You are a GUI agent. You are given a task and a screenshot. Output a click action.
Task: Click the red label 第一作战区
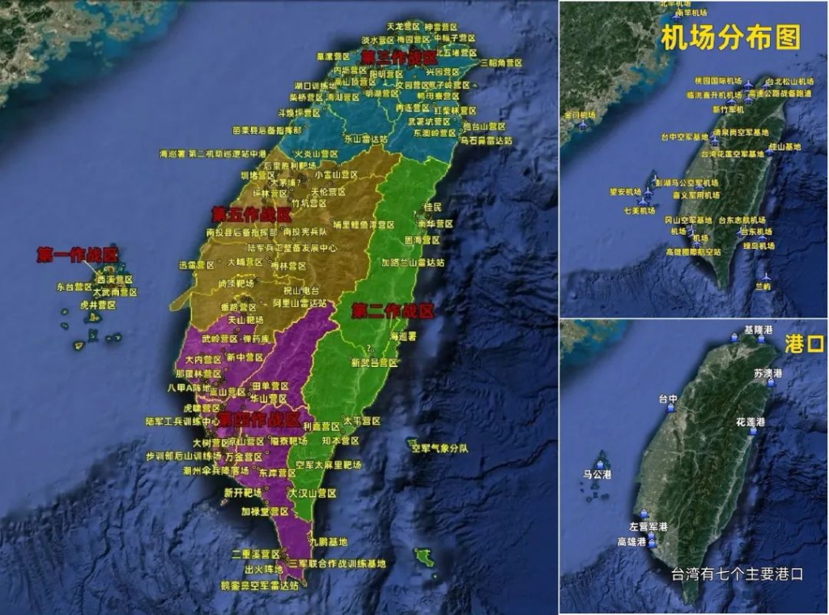77,254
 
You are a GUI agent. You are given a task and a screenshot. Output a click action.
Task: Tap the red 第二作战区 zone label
393,310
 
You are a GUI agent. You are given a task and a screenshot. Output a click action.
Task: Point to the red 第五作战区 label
251,215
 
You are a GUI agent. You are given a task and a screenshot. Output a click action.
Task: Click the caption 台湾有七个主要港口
737,574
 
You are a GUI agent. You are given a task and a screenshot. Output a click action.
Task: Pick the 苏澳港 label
768,374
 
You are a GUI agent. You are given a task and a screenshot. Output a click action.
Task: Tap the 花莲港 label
750,423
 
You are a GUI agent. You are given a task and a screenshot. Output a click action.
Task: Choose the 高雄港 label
631,541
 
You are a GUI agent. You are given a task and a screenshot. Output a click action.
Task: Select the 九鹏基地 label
328,541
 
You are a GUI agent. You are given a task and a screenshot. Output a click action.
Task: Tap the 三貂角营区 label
502,62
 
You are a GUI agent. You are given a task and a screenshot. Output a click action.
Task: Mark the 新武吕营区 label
374,362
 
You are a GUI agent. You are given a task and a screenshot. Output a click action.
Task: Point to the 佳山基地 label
784,147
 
